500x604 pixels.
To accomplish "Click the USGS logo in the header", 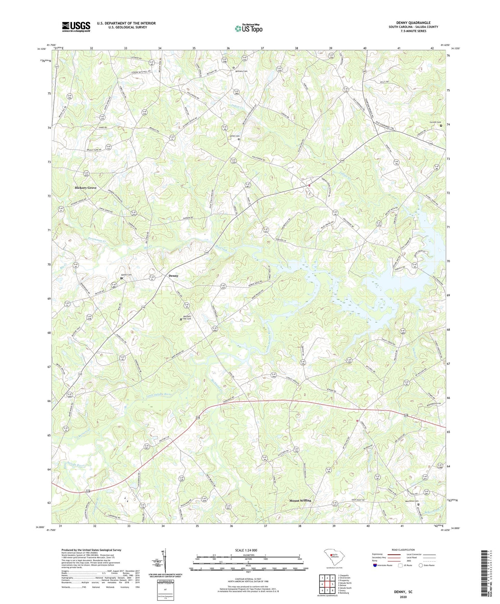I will pos(76,27).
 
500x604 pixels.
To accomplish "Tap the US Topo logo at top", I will pos(248,28).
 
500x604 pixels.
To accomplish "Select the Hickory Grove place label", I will pos(85,188).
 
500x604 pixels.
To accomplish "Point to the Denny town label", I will pos(173,276).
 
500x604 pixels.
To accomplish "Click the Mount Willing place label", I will pos(300,501).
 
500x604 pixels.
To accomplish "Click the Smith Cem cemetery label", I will pos(235,136).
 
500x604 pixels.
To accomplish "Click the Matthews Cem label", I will pos(412,501).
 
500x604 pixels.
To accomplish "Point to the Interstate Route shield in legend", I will pos(375,565).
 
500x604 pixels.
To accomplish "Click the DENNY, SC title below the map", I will pos(403,592).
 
